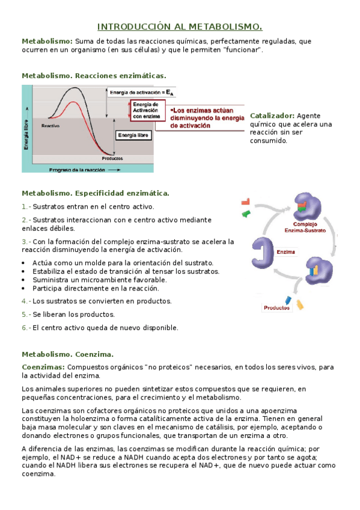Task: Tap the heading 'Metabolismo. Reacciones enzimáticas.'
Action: point(94,76)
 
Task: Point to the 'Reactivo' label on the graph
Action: point(50,126)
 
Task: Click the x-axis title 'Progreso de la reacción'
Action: point(76,170)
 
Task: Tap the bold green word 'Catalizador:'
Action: point(272,115)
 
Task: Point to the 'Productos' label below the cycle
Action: point(276,309)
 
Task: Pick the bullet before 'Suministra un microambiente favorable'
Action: point(23,280)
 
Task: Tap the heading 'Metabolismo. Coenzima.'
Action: point(67,354)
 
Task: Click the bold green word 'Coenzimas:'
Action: point(43,367)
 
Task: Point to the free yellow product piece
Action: point(299,304)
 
